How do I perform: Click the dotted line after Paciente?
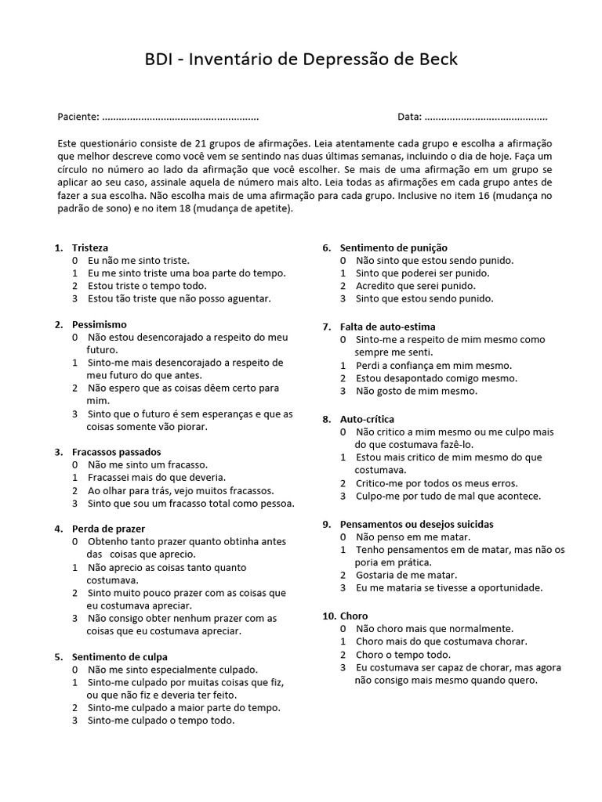tap(180, 117)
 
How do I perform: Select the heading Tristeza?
tap(90, 247)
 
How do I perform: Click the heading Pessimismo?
tap(99, 324)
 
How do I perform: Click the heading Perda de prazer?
tap(108, 529)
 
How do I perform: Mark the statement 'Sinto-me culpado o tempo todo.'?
tap(161, 721)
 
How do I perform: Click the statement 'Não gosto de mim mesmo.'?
tap(416, 391)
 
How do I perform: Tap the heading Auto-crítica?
tap(367, 419)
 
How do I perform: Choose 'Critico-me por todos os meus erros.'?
tap(437, 483)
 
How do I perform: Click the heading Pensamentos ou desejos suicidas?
tap(416, 524)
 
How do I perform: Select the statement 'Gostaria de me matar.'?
tap(405, 575)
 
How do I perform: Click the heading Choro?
tap(354, 616)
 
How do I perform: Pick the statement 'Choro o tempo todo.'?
tap(403, 654)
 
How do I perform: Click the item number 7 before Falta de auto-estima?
tap(326, 327)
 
